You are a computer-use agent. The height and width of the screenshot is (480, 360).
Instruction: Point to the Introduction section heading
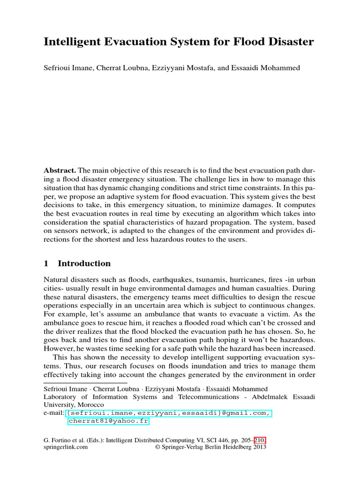pyautogui.click(x=84, y=263)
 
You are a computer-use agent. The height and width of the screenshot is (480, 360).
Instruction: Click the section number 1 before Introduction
pyautogui.click(x=46, y=263)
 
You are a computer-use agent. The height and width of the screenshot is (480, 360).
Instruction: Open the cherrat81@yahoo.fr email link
pyautogui.click(x=108, y=421)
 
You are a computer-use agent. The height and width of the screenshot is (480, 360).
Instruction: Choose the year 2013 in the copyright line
pyautogui.click(x=259, y=447)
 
